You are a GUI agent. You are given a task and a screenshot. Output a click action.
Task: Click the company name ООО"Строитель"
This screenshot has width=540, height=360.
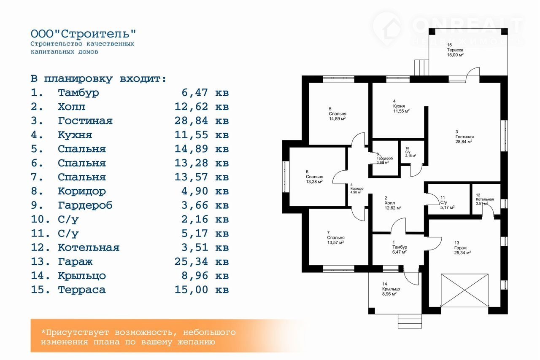tap(84, 34)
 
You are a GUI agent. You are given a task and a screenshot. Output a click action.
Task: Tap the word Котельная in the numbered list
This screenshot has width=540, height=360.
tap(89, 247)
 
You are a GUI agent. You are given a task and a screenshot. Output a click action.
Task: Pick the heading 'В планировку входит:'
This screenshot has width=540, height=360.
tap(98, 78)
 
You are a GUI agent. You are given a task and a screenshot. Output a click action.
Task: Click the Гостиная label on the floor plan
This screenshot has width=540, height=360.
tap(464, 137)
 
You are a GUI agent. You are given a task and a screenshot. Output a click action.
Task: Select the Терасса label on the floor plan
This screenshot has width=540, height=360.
tap(456, 50)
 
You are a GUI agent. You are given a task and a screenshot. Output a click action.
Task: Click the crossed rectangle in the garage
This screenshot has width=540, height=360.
tap(464, 290)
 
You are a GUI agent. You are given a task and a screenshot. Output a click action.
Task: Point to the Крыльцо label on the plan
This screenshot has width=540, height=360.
tap(391, 289)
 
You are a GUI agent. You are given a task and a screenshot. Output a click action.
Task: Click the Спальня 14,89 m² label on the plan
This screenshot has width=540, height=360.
tap(337, 114)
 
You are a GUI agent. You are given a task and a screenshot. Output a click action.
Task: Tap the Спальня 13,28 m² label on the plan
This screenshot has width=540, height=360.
tap(314, 177)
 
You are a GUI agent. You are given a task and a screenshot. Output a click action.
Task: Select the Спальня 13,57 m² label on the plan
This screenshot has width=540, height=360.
tap(335, 238)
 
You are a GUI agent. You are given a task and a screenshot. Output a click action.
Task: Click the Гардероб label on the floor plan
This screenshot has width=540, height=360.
tap(385, 159)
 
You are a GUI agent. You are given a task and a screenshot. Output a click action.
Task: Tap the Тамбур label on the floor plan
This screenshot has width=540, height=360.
tap(399, 247)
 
